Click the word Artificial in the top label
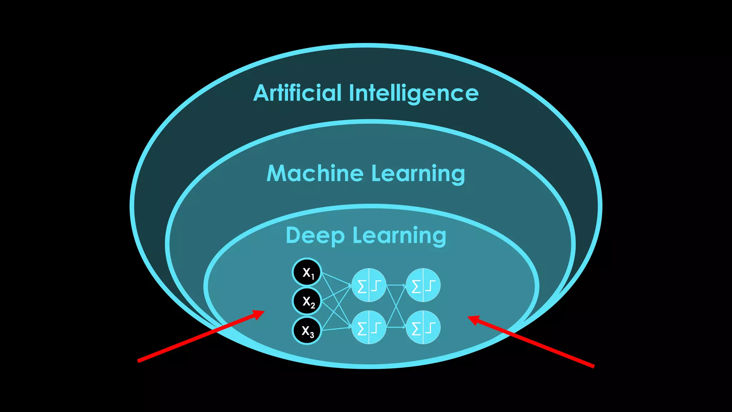coord(297,93)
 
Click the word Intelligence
coord(414,94)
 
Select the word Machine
coord(315,173)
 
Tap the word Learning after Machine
coord(418,174)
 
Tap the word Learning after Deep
coord(400,236)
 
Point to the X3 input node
coord(307,330)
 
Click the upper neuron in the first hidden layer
coord(369,285)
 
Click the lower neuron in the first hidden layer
coord(369,327)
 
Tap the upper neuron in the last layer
coord(423,285)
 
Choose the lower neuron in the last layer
coord(423,327)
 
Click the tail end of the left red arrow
coord(138,361)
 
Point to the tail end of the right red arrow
coord(594,367)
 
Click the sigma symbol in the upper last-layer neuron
coord(416,286)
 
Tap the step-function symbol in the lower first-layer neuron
coord(376,328)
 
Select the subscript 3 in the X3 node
coord(312,335)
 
